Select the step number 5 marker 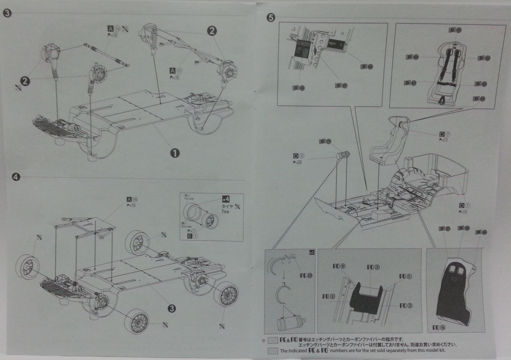tap(270, 18)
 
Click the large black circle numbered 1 tap(175, 153)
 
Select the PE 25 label tap(304, 275)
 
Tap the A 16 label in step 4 tap(132, 199)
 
